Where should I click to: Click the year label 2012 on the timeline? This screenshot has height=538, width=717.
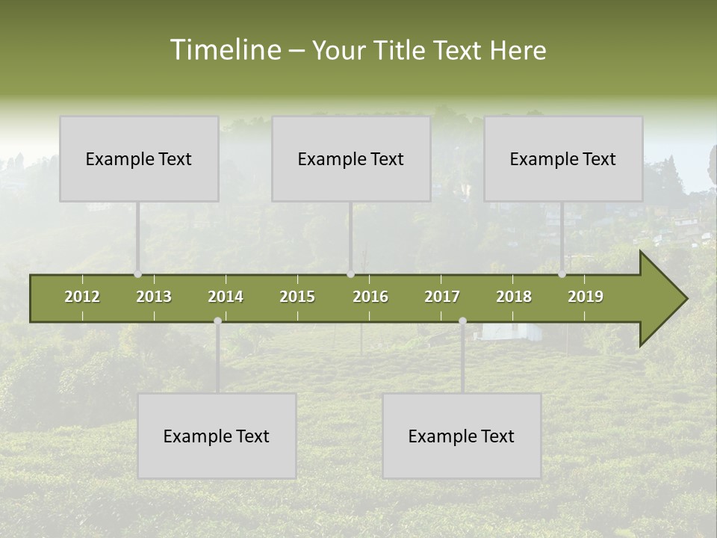[82, 297]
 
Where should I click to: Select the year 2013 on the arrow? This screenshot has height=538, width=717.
[154, 297]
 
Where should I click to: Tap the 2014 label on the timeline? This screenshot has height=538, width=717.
[226, 297]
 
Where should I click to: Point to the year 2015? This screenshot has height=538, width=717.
[297, 297]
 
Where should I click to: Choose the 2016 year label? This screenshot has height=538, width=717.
[370, 297]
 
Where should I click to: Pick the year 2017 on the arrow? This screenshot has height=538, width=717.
[442, 297]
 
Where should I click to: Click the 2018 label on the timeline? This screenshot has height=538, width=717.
[514, 297]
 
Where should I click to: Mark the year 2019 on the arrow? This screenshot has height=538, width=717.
[586, 297]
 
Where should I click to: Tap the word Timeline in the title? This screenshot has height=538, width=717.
[224, 50]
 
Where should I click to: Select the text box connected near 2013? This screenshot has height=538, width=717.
[139, 158]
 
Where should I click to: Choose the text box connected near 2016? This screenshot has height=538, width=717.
[351, 158]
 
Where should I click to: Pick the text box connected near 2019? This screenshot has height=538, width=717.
[563, 158]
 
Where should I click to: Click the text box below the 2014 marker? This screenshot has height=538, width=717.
[217, 436]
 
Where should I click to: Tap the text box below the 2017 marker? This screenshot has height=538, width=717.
[462, 436]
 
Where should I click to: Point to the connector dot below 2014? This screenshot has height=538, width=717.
[217, 321]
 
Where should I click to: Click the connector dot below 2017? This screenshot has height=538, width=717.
[462, 321]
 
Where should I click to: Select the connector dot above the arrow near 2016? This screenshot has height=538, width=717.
[350, 274]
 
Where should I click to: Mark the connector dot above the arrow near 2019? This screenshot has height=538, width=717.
[562, 274]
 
